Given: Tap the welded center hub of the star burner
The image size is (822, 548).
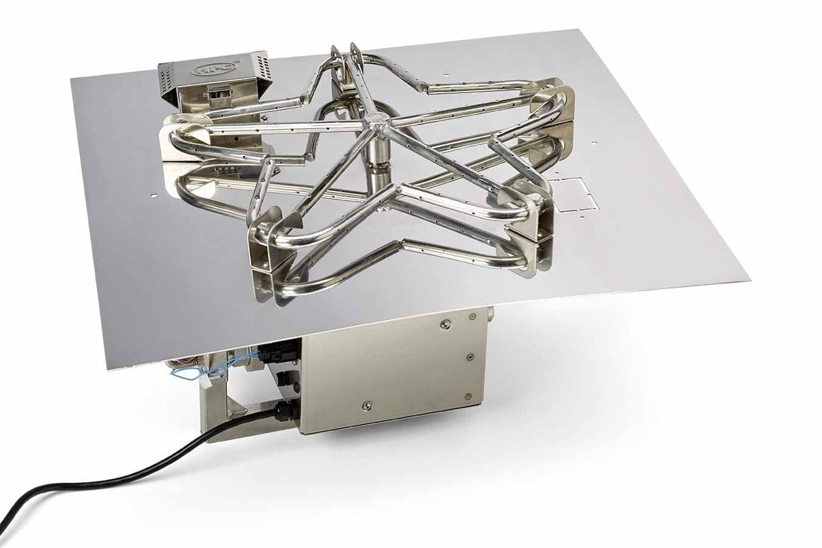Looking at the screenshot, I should coord(388,123).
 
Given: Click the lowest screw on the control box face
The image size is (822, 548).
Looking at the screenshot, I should coord(366,406).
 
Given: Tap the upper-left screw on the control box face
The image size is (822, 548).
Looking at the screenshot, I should coord(444,324).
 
